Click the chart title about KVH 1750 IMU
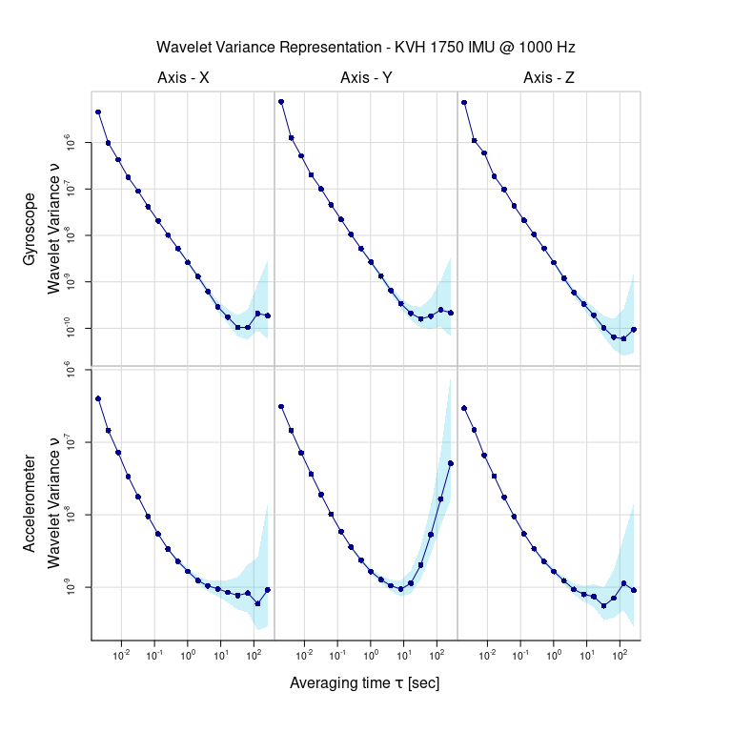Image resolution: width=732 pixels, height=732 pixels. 366,47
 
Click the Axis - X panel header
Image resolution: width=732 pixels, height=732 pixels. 183,78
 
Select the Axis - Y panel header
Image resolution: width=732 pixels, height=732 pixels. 366,78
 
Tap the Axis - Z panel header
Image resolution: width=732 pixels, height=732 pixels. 549,78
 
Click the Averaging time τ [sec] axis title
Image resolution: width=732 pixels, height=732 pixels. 365,683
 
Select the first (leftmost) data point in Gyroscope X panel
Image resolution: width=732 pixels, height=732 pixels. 98,112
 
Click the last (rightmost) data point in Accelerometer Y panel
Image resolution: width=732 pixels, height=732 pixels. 450,463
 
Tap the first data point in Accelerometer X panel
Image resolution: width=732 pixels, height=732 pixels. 98,398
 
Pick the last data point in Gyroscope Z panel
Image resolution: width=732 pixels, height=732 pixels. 634,330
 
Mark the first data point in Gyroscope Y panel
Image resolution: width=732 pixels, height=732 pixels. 281,102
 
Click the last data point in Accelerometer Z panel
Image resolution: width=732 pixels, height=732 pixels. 634,590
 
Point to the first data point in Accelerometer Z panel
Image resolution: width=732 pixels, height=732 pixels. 464,408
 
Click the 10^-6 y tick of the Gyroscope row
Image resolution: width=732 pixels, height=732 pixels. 68,143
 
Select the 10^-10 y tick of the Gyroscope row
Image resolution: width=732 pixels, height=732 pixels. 68,329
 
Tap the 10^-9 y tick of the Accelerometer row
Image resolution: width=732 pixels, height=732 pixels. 68,587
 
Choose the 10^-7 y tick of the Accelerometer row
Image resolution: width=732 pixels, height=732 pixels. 68,442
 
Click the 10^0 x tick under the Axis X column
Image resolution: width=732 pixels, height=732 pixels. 188,655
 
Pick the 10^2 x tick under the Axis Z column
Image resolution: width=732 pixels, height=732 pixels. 620,655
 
